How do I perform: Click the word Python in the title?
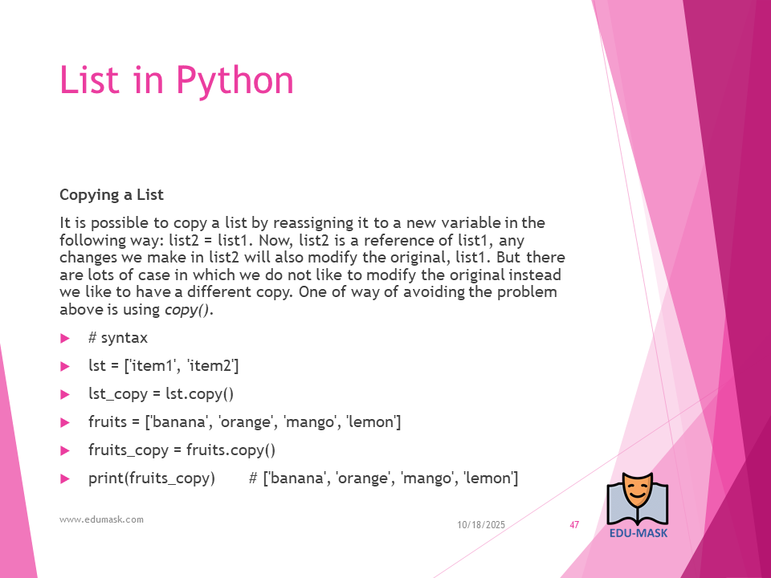(235, 80)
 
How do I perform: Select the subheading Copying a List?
(111, 195)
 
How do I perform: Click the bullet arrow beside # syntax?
(65, 338)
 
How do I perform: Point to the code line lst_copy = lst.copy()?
(161, 394)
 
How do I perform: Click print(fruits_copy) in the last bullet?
(152, 478)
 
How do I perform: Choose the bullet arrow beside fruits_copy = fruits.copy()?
(65, 450)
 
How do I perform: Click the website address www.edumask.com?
(101, 519)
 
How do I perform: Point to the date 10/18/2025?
(481, 525)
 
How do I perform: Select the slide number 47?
(574, 525)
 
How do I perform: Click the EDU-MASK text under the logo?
(638, 533)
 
